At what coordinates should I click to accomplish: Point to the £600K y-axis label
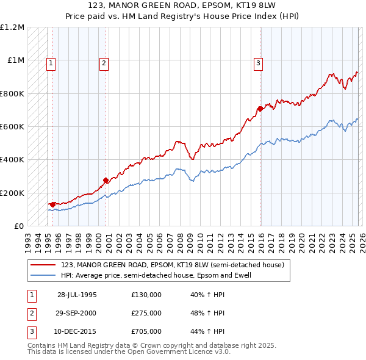pos(12,127)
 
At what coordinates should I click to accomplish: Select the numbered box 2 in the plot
pos(104,62)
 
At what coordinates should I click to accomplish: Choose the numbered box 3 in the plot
pos(258,62)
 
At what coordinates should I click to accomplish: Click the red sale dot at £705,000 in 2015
pos(260,109)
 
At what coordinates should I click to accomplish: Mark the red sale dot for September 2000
pos(106,180)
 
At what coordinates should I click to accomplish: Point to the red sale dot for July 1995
pos(53,204)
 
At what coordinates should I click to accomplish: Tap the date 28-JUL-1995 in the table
pos(77,295)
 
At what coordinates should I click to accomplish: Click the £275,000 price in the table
pos(146,313)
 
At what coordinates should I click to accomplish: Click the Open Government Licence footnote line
pos(129,352)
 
